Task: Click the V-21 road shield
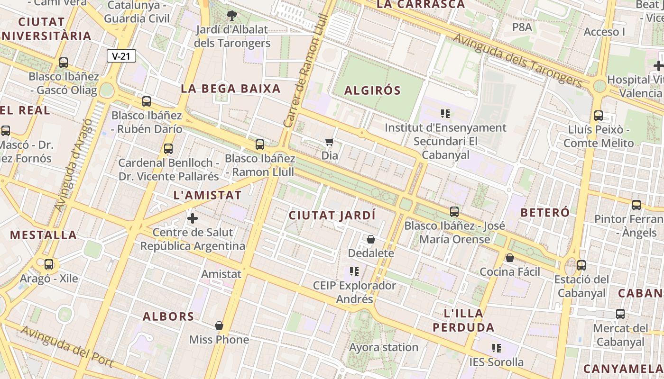click(x=121, y=56)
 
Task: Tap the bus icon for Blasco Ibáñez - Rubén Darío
click(x=147, y=101)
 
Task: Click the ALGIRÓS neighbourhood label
click(x=372, y=90)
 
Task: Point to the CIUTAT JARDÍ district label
click(x=332, y=215)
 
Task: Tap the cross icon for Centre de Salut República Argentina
click(x=193, y=218)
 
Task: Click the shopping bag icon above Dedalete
click(x=371, y=240)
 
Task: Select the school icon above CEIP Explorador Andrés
click(x=354, y=271)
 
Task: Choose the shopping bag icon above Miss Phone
click(x=219, y=326)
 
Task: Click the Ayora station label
click(x=384, y=347)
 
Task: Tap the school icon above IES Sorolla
click(x=497, y=349)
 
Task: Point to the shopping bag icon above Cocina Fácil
click(x=510, y=258)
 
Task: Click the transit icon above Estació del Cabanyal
click(x=581, y=265)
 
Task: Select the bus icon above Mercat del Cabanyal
click(x=620, y=314)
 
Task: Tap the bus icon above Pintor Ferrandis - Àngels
click(x=636, y=205)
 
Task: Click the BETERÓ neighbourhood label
click(x=545, y=213)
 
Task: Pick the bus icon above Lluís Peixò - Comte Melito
click(x=599, y=115)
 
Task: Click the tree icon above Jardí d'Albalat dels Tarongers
click(x=232, y=16)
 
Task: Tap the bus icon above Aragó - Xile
click(x=49, y=264)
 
